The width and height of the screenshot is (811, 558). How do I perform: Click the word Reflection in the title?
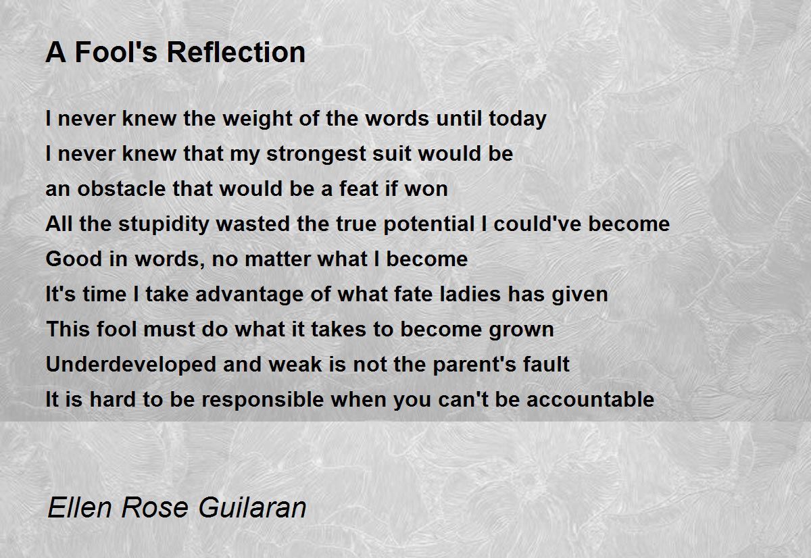pyautogui.click(x=236, y=52)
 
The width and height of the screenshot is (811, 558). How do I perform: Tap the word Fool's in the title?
pyautogui.click(x=116, y=52)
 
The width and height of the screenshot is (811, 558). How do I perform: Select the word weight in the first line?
pyautogui.click(x=257, y=120)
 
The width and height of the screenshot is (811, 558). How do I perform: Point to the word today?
pyautogui.click(x=518, y=120)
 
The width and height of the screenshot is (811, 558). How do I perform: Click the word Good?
pyautogui.click(x=74, y=259)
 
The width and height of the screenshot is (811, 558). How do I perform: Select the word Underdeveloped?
pyautogui.click(x=131, y=365)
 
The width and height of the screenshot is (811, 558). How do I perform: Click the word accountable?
pyautogui.click(x=590, y=399)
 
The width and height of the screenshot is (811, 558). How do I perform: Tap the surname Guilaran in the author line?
pyautogui.click(x=252, y=507)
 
